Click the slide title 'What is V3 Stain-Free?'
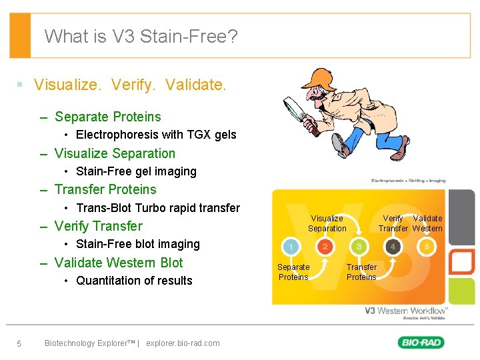tap(141, 36)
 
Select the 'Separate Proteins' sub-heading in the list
tap(107, 117)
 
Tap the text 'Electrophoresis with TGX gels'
tap(156, 135)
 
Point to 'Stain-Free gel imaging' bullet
tap(136, 171)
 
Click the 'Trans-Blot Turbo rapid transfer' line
tap(157, 208)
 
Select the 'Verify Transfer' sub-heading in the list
tap(98, 226)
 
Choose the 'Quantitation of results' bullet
tap(134, 281)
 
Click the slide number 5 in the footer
tap(19, 343)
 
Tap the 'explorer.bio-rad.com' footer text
tap(182, 343)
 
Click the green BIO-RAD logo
tap(421, 343)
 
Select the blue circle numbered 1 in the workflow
tap(291, 247)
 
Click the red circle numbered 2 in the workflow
tap(325, 247)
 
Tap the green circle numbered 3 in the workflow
tap(359, 247)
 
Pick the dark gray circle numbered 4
tap(393, 247)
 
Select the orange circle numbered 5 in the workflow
tap(427, 247)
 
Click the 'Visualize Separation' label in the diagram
tap(327, 223)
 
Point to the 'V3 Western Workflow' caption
tap(406, 311)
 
